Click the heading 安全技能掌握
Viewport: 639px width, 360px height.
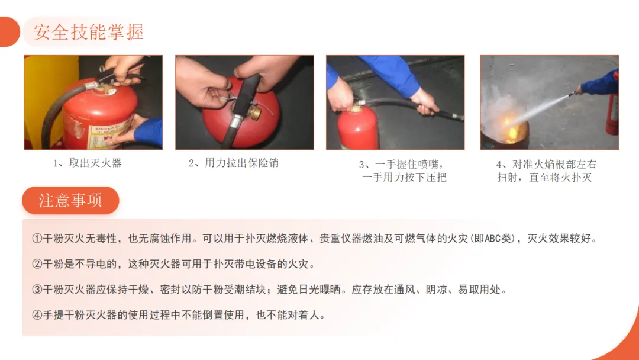(88, 32)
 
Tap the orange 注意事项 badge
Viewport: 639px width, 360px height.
(70, 200)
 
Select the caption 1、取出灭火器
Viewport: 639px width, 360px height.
(87, 163)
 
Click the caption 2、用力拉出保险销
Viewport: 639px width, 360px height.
(234, 163)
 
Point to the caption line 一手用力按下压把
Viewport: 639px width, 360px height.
(404, 178)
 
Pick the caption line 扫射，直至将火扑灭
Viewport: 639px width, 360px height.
(544, 178)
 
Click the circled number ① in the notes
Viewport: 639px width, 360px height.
(37, 239)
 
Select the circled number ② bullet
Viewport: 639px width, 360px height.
(37, 264)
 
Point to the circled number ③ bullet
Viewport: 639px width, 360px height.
(37, 290)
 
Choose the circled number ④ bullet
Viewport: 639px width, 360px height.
(37, 315)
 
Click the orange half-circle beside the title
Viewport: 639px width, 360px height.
(10, 32)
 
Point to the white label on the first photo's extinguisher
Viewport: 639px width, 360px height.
(108, 134)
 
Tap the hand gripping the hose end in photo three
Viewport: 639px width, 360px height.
(425, 101)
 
